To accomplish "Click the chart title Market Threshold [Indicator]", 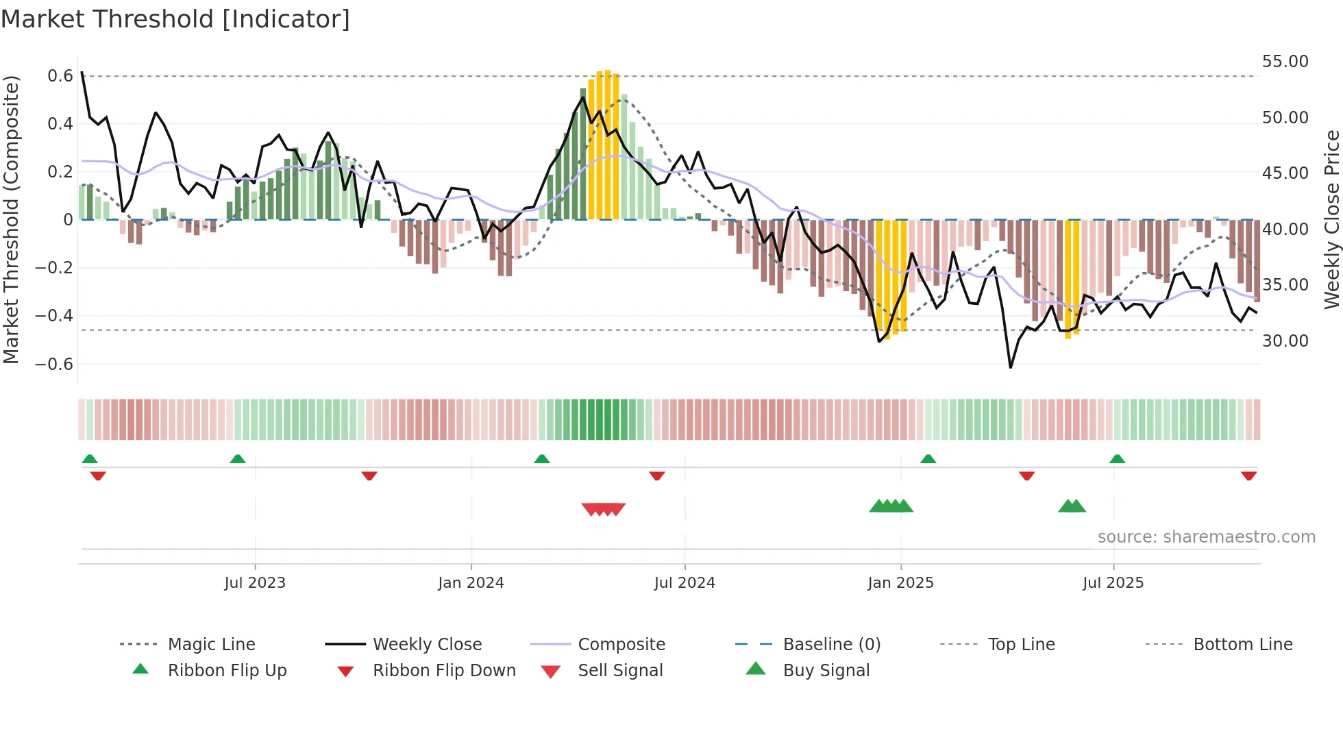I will (175, 19).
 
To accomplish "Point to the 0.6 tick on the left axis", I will (60, 76).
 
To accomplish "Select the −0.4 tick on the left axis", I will (54, 316).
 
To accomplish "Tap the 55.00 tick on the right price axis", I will (1285, 62).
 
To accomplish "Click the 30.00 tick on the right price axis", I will (1285, 341).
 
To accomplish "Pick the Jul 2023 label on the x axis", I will (255, 583).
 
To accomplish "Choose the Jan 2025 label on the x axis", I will (900, 583).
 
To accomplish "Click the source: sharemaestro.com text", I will (1206, 537).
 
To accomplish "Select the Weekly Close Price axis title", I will (1331, 219).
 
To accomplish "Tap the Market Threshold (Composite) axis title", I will (11, 219).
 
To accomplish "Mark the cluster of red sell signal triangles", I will (604, 509).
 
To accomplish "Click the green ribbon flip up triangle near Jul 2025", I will (1117, 459).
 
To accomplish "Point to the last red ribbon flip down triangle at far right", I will (1248, 475).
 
